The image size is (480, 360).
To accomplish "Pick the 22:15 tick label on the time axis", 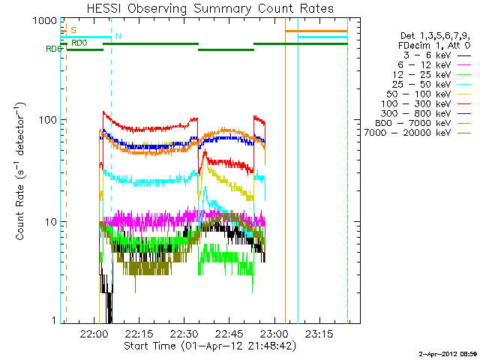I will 139,333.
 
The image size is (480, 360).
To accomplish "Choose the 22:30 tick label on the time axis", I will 184,333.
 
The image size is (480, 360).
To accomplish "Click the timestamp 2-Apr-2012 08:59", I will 448,352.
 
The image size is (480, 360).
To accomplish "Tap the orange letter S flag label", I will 73,30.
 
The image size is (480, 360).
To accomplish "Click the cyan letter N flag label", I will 118,36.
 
